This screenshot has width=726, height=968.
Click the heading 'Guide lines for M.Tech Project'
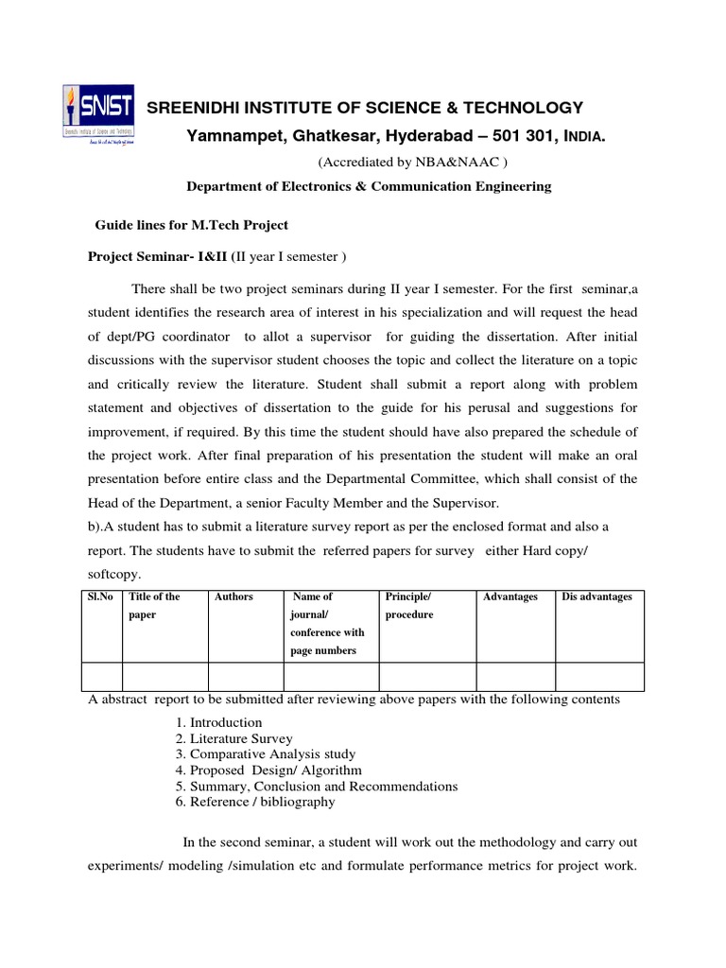coord(192,225)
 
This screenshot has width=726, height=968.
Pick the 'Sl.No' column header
coord(100,596)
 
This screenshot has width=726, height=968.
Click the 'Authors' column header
coord(233,596)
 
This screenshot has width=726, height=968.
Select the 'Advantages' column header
coord(510,596)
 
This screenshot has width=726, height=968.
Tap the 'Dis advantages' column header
coord(596,596)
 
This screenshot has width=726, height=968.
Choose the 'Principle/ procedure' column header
coord(409,605)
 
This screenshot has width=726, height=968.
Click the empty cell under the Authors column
coord(246,676)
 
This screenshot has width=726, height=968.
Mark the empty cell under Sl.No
coord(102,676)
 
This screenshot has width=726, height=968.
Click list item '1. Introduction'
coord(218,722)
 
